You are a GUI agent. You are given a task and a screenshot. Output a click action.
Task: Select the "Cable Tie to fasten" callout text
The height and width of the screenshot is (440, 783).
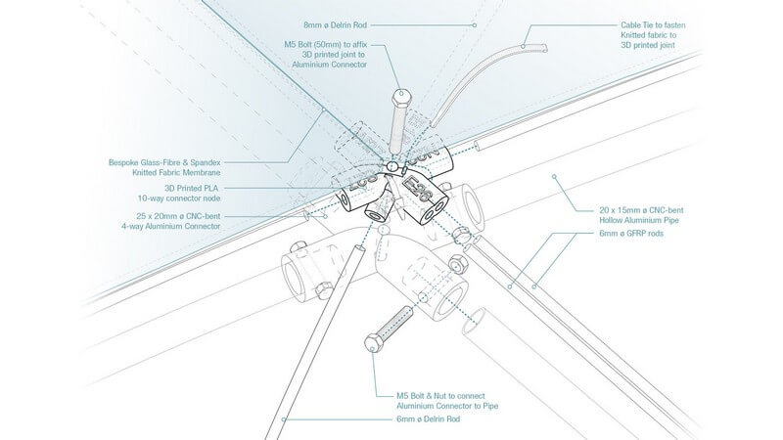pos(653,24)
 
